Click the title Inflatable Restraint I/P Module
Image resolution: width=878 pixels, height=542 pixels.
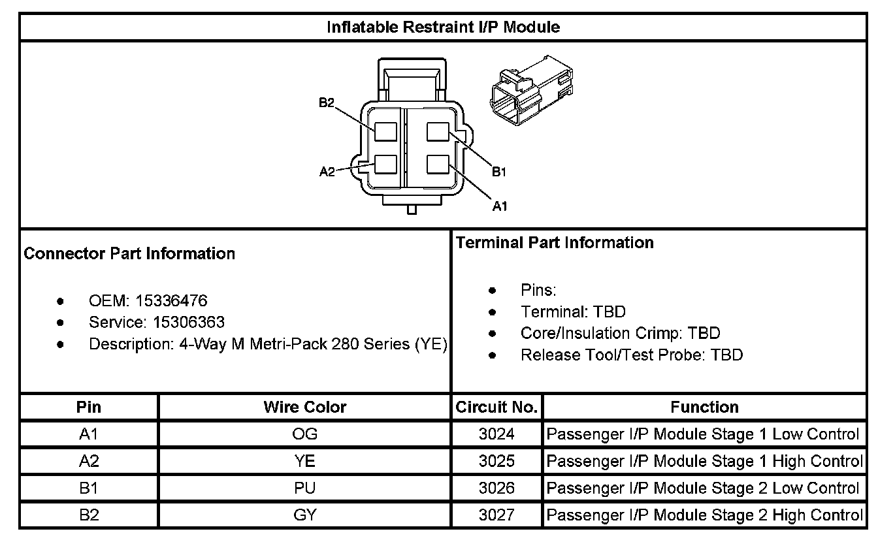pyautogui.click(x=442, y=27)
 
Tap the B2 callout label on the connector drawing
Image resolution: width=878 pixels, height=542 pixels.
pyautogui.click(x=327, y=103)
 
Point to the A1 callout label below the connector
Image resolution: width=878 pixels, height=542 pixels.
pyautogui.click(x=500, y=206)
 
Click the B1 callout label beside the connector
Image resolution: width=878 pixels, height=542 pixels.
pyautogui.click(x=500, y=172)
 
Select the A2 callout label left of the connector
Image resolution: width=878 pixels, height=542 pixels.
pyautogui.click(x=327, y=172)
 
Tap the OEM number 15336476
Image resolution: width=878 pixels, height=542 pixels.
pyautogui.click(x=171, y=301)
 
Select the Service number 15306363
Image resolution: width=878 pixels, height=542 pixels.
pyautogui.click(x=189, y=323)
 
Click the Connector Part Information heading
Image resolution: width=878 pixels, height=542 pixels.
pyautogui.click(x=129, y=253)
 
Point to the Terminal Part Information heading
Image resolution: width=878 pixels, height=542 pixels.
pyautogui.click(x=555, y=243)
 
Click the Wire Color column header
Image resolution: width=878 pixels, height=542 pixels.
pyautogui.click(x=304, y=407)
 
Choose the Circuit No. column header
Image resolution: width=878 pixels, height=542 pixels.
pyautogui.click(x=496, y=407)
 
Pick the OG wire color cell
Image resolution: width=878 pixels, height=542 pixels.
pyautogui.click(x=304, y=434)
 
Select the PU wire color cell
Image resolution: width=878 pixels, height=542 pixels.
pyautogui.click(x=304, y=488)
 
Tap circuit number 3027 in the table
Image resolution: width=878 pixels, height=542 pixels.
pyautogui.click(x=496, y=515)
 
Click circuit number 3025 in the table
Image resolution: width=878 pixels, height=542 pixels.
pyautogui.click(x=496, y=461)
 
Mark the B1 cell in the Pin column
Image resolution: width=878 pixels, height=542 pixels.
pyautogui.click(x=89, y=488)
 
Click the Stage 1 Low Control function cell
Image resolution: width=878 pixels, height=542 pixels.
pyautogui.click(x=702, y=434)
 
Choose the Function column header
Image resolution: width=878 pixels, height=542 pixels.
pyautogui.click(x=704, y=407)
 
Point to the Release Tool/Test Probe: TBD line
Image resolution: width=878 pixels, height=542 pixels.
pyautogui.click(x=631, y=355)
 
